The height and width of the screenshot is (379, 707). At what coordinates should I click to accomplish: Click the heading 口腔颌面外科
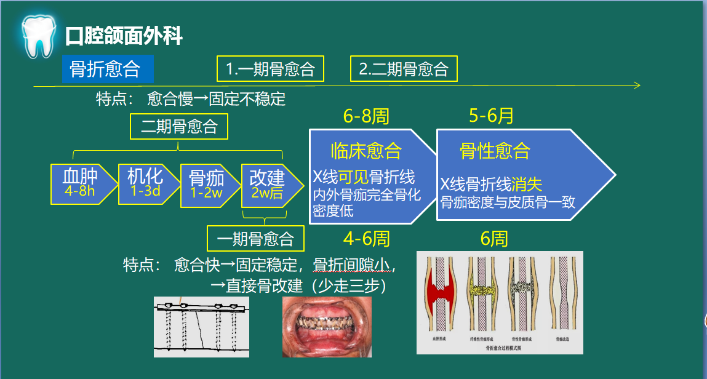click(x=124, y=36)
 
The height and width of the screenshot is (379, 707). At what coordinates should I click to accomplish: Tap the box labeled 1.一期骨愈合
click(x=270, y=69)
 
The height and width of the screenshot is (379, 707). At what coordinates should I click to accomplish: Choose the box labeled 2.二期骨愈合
click(x=404, y=69)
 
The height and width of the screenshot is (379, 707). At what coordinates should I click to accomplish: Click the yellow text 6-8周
click(x=366, y=116)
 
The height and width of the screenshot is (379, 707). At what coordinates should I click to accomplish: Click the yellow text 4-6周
click(x=367, y=238)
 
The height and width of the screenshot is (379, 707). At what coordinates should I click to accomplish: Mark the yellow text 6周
click(x=494, y=238)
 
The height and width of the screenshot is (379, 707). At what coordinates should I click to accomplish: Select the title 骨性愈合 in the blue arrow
click(x=494, y=151)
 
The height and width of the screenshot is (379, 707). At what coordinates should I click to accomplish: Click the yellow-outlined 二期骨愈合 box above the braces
click(x=178, y=127)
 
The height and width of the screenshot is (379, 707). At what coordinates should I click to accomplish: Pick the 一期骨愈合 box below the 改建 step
click(x=255, y=238)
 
